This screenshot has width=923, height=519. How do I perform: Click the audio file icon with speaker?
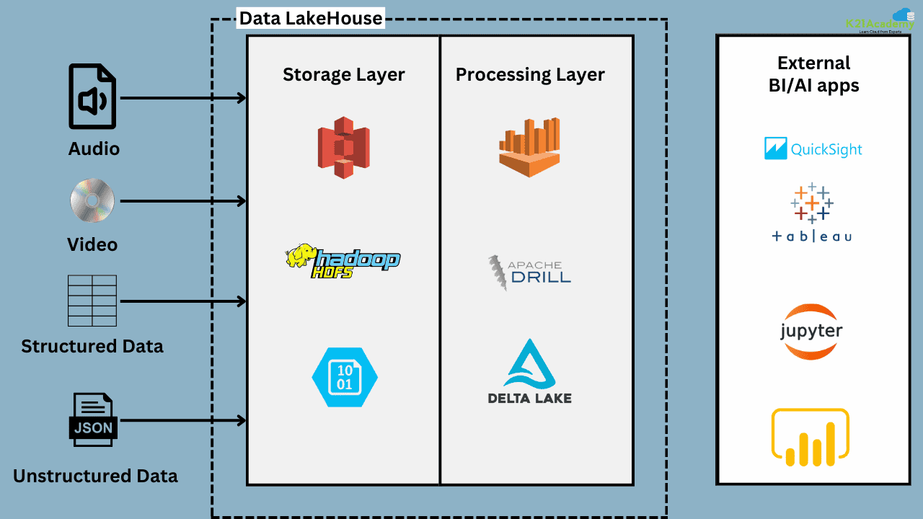(x=92, y=97)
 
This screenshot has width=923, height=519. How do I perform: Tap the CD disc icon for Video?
(x=92, y=200)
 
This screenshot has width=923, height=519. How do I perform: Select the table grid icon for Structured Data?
(x=92, y=301)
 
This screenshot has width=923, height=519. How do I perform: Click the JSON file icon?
(x=93, y=420)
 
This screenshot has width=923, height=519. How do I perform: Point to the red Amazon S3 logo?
(x=344, y=147)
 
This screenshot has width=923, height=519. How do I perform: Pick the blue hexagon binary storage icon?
(x=345, y=377)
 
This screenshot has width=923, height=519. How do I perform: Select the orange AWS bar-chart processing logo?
(x=530, y=148)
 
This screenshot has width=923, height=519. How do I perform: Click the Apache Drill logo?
(x=529, y=272)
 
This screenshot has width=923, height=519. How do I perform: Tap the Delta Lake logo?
(x=530, y=372)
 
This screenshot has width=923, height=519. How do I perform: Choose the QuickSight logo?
(x=813, y=149)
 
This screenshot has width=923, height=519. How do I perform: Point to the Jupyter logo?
(x=811, y=332)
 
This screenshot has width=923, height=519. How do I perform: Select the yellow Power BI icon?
(x=811, y=437)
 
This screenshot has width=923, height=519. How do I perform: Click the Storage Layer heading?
(x=344, y=74)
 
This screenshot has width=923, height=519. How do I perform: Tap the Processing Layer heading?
(x=530, y=74)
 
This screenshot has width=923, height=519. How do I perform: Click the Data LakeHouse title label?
(x=311, y=18)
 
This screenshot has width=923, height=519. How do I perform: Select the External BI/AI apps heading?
(x=813, y=74)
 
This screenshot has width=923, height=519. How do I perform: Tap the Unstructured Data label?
(x=95, y=476)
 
